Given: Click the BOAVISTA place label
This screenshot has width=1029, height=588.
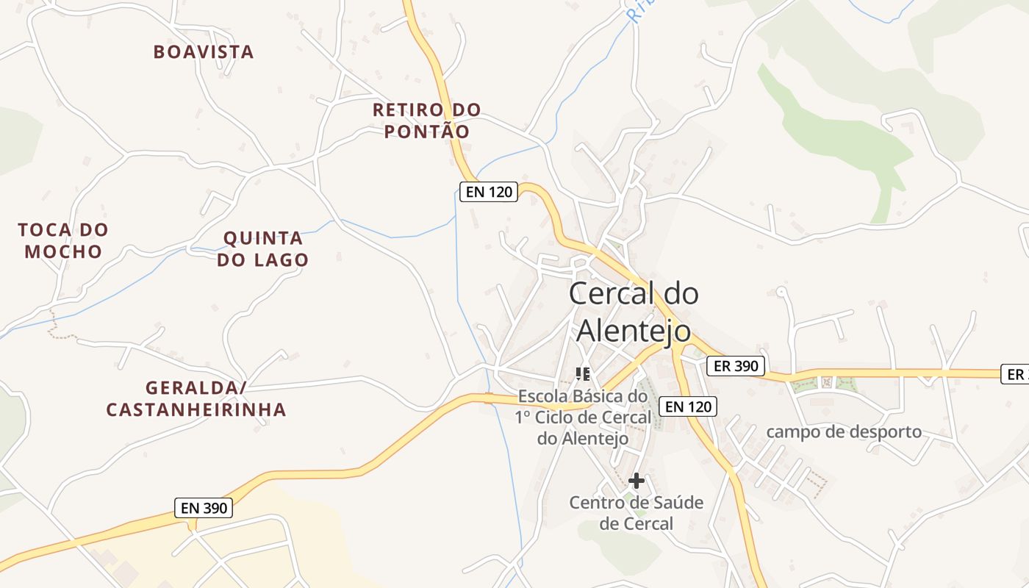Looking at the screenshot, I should click(x=204, y=51).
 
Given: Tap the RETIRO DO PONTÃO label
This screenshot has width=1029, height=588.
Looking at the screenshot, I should click(x=427, y=121).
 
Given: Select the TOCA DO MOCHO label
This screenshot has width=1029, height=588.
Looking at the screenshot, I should click(x=63, y=240).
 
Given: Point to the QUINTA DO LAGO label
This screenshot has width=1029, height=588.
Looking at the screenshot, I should click(x=262, y=248).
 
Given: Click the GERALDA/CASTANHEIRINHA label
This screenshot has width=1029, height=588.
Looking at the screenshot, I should click(x=196, y=398).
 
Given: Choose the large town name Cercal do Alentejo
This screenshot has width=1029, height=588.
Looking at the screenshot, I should click(x=634, y=312).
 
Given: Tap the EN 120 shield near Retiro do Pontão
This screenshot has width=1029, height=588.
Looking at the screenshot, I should click(x=488, y=192).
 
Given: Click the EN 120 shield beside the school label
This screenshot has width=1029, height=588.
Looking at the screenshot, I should click(x=687, y=406).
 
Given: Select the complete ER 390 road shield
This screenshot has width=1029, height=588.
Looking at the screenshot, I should click(x=735, y=365).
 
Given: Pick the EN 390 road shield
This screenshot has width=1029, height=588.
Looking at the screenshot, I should click(x=204, y=507).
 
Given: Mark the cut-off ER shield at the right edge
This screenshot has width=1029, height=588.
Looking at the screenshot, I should click(x=1015, y=374).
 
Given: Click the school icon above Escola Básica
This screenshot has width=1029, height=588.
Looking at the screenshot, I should click(x=583, y=374).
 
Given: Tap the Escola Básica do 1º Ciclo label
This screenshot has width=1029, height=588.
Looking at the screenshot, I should click(x=583, y=417).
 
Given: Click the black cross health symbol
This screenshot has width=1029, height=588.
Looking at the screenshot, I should click(x=637, y=481).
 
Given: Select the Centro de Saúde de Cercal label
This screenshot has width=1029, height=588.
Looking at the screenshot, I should click(x=637, y=513).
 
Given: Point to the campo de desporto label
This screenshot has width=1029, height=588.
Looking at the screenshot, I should click(x=844, y=431).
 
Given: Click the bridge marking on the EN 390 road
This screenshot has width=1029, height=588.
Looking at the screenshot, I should click(x=489, y=398).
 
